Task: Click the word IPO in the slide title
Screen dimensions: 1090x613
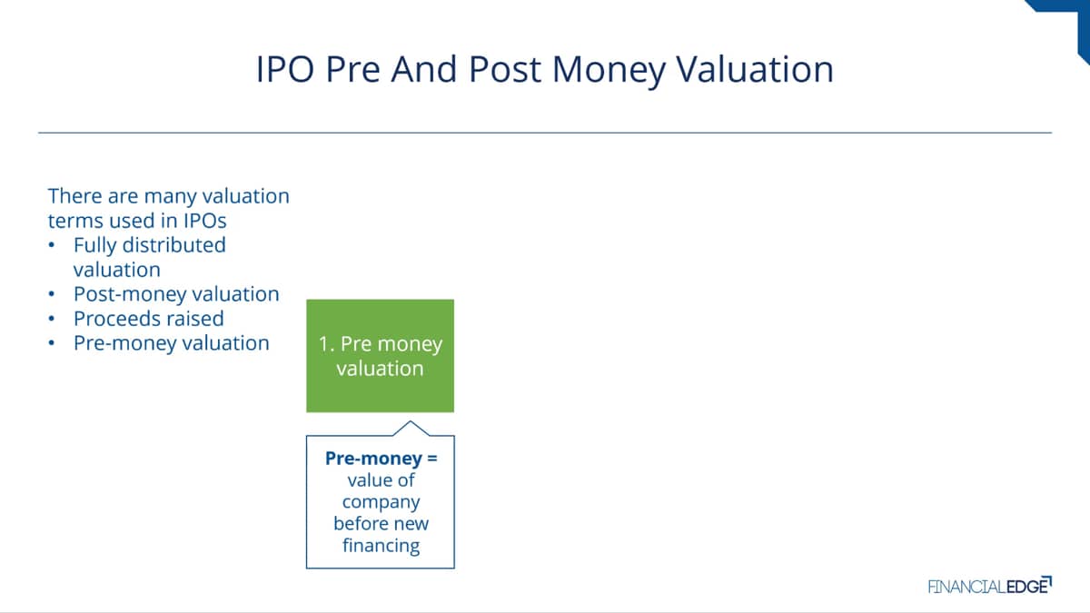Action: coord(285,69)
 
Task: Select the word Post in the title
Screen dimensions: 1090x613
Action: coord(505,69)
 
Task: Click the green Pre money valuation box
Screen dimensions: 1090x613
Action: coord(380,356)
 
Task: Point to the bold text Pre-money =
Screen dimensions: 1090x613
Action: coord(381,459)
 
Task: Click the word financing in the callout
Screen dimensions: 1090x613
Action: coord(381,546)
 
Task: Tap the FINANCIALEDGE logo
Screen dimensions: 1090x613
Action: coord(990,586)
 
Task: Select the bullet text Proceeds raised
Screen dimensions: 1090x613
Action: coord(148,319)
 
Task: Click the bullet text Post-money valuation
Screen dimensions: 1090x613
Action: coord(176,294)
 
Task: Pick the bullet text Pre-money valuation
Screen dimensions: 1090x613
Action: coord(172,343)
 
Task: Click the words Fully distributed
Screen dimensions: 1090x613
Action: coord(149,245)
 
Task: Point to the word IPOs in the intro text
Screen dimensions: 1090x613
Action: coord(205,221)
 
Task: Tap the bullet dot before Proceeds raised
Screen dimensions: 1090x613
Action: coord(52,319)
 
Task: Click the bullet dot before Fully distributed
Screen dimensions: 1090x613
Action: coord(52,245)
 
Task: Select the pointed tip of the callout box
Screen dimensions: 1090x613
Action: coord(411,421)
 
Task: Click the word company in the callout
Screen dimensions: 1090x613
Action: coord(381,502)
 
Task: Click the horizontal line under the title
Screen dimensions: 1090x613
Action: coord(545,133)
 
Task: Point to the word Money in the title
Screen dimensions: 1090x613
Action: coord(609,69)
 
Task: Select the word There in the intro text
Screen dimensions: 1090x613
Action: coord(74,196)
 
